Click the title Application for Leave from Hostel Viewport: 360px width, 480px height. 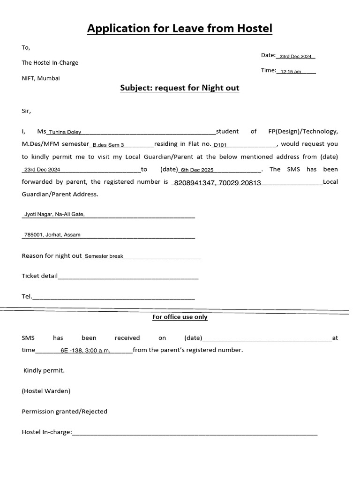click(x=180, y=29)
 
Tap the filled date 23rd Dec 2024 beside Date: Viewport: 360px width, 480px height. click(x=295, y=57)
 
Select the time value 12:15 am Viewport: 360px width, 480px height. click(x=291, y=72)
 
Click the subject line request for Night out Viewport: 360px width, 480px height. click(x=180, y=88)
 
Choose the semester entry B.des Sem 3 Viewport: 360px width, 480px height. click(x=108, y=145)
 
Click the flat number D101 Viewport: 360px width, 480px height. click(x=220, y=145)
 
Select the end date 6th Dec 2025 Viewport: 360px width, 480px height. click(x=197, y=170)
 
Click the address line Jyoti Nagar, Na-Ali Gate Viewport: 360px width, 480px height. click(x=54, y=214)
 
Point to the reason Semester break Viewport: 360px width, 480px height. click(x=104, y=256)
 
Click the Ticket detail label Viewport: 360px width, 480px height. click(x=39, y=276)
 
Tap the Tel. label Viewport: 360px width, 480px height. click(x=27, y=296)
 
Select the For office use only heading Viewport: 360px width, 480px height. click(x=180, y=317)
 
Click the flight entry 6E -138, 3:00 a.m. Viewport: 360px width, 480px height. click(x=85, y=351)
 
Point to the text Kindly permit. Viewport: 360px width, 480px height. click(x=44, y=371)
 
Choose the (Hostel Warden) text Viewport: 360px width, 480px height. click(x=46, y=391)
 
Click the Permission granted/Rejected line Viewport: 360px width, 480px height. click(x=64, y=412)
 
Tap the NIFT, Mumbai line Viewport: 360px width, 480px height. click(x=41, y=78)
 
